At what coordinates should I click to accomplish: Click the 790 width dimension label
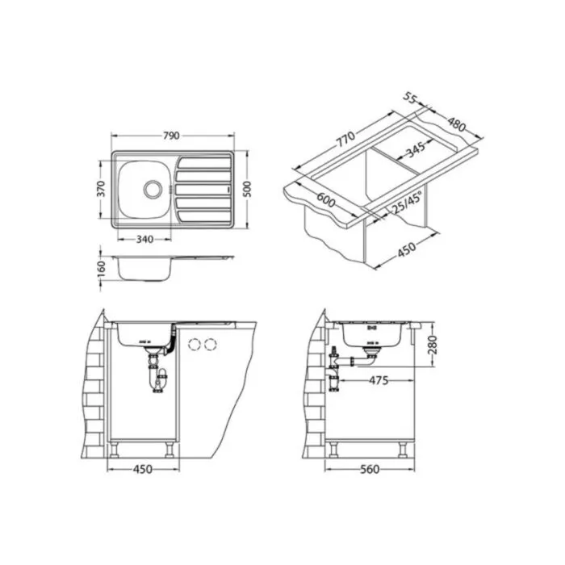point(171,136)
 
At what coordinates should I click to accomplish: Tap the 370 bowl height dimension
point(101,189)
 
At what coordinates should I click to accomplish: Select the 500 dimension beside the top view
point(247,189)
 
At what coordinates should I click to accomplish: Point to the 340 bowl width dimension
point(144,239)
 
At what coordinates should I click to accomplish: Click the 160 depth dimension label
point(101,269)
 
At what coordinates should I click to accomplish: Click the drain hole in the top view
point(153,189)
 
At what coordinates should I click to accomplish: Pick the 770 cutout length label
point(346,139)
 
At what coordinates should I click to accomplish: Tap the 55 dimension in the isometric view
point(410,98)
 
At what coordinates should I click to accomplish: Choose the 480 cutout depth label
point(457,124)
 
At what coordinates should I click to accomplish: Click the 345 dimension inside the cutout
point(416,150)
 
